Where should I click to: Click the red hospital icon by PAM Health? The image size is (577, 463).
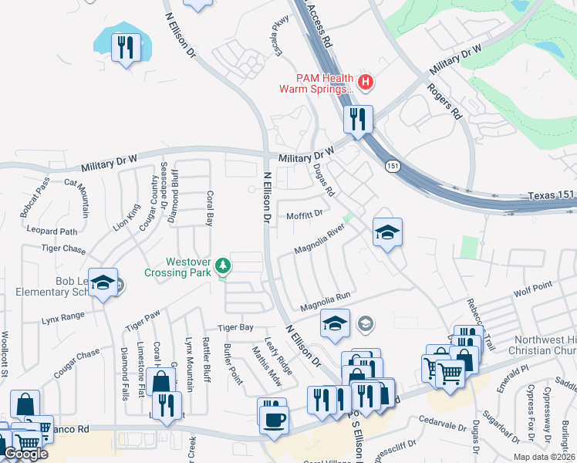(x=366, y=81)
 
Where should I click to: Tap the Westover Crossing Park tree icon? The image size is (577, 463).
(x=223, y=265)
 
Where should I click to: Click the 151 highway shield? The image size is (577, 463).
(x=393, y=166)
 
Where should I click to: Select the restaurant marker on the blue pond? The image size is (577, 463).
(x=122, y=48)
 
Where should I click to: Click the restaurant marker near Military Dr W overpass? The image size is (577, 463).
(x=358, y=120)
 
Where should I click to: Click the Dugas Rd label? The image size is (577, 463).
(x=323, y=180)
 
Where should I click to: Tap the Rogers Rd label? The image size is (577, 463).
(x=446, y=101)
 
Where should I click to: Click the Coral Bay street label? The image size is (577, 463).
(x=208, y=204)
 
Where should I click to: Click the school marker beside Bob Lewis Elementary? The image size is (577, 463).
(x=102, y=283)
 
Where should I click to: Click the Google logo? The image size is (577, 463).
(x=25, y=454)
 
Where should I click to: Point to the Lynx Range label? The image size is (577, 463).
(x=63, y=317)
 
